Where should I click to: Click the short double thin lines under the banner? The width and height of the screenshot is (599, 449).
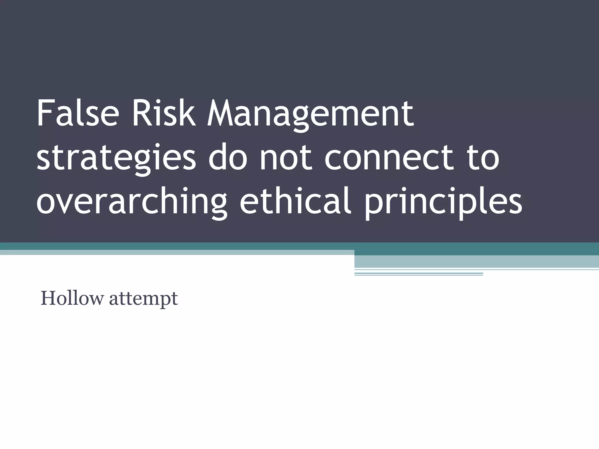[x=419, y=274]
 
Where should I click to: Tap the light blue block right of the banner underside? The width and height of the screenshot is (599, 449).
[x=476, y=262]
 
